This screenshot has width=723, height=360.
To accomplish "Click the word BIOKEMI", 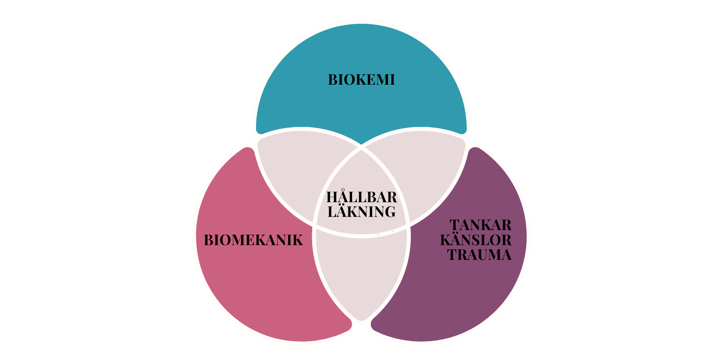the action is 361,80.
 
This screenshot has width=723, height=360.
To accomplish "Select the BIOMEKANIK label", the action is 253,240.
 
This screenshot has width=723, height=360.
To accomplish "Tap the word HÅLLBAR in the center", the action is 361,197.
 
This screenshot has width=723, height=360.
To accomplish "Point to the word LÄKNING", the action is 361,212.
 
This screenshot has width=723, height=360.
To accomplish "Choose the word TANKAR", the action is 480,225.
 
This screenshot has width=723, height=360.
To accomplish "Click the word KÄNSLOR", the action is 476,240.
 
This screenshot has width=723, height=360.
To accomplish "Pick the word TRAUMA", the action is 479,255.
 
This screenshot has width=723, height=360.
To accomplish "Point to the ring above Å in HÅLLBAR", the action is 343,190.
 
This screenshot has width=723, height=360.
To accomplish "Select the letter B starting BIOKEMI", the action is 333,80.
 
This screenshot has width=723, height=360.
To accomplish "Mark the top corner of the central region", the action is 361,148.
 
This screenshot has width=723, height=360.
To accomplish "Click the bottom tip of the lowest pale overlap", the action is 361,320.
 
